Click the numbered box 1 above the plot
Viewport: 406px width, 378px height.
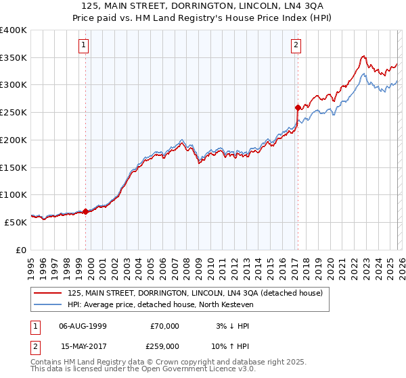tap(83, 45)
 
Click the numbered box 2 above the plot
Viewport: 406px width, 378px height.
tap(296, 45)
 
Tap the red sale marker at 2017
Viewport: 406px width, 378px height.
tap(297, 107)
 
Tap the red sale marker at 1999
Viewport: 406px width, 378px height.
tap(85, 211)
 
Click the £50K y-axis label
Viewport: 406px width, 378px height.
tap(16, 221)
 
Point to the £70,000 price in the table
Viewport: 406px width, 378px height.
tap(165, 326)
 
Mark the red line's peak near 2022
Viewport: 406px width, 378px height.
tap(364, 56)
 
